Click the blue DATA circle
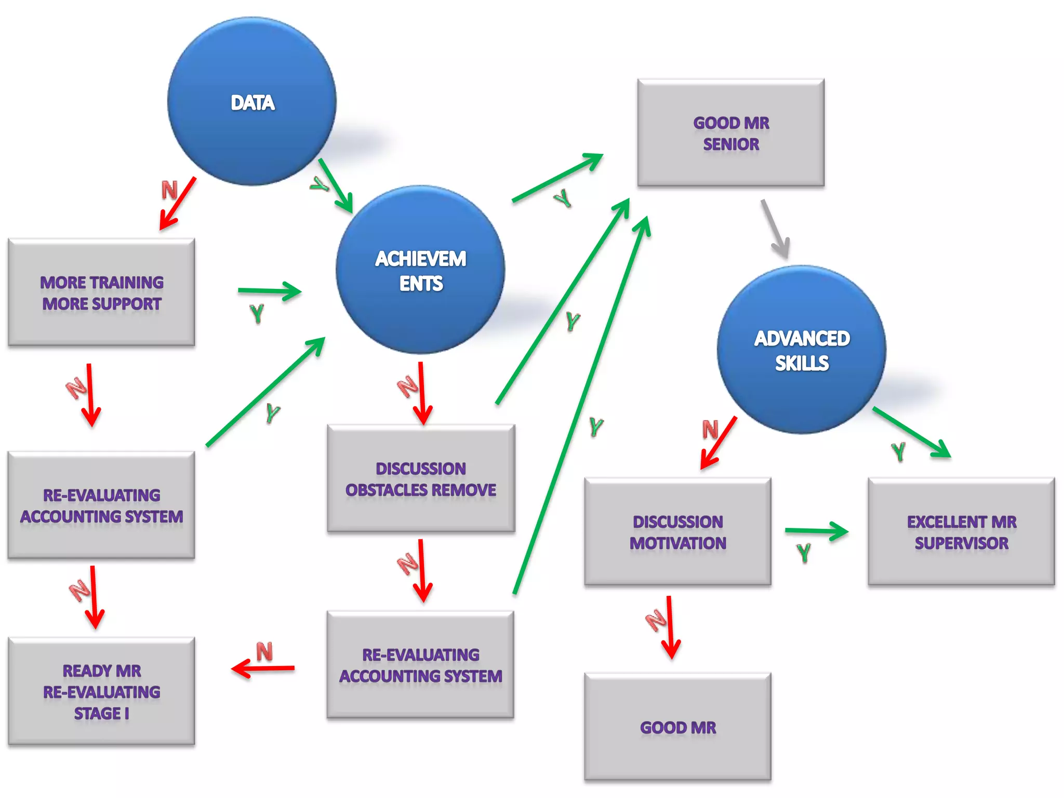(x=252, y=101)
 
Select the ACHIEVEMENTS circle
(x=420, y=270)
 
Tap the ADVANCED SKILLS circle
(x=802, y=350)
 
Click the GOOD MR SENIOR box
(x=731, y=133)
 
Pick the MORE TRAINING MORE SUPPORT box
(x=101, y=292)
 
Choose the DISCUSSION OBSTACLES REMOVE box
(x=421, y=478)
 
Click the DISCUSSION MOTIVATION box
(x=677, y=532)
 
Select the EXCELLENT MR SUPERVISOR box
(x=961, y=532)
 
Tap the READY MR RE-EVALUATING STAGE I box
(x=101, y=691)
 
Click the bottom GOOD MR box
(x=677, y=727)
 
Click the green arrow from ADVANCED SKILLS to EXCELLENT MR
(x=912, y=432)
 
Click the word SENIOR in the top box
(x=731, y=144)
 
